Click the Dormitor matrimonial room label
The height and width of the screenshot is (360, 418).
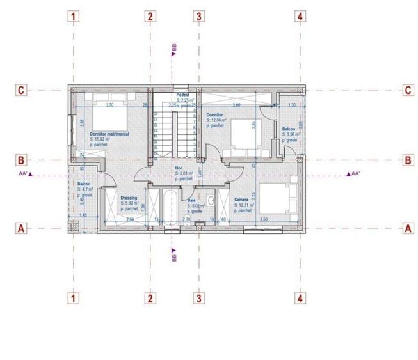[109, 134]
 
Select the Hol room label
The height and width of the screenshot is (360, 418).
[179, 168]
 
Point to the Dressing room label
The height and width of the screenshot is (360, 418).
[129, 198]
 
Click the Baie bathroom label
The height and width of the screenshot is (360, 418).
[191, 201]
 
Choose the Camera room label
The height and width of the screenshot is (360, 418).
[241, 200]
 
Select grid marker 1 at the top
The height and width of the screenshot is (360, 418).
[75, 17]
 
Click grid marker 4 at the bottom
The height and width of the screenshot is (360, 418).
[299, 298]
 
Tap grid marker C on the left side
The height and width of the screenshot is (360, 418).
[21, 90]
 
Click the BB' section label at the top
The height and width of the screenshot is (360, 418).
[174, 47]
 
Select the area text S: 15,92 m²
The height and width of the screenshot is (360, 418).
[100, 139]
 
